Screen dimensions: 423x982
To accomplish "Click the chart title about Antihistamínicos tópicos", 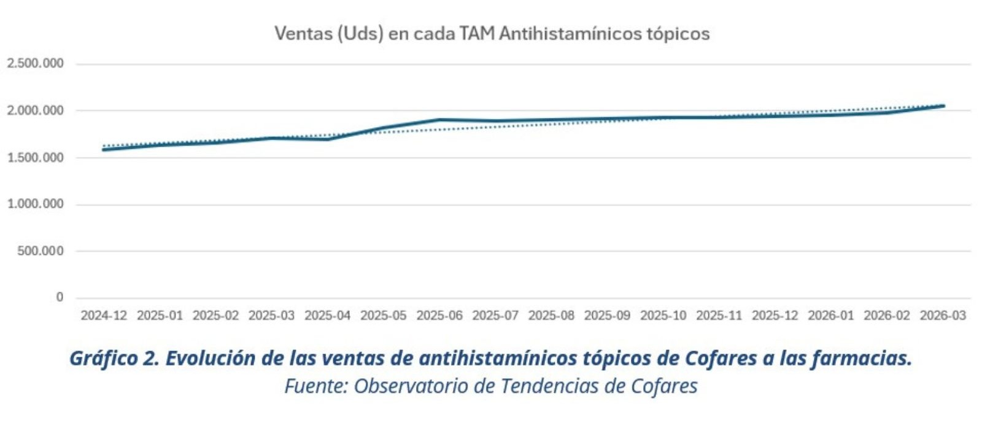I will [492, 33].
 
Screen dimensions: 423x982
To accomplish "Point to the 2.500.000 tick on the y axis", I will [35, 64].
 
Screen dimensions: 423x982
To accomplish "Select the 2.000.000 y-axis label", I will [35, 111].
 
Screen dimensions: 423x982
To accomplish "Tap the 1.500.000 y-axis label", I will [35, 158].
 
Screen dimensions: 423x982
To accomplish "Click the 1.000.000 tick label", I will [35, 204].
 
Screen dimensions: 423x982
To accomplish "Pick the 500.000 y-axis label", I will [41, 251].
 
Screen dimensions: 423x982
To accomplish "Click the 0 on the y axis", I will [60, 297].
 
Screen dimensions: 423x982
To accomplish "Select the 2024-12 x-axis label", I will [104, 316].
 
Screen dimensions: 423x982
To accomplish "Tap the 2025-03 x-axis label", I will [271, 316].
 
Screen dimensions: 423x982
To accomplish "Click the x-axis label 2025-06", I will [439, 316].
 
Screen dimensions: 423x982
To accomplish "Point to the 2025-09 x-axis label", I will [607, 316].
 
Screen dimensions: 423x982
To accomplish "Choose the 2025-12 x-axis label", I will [775, 316].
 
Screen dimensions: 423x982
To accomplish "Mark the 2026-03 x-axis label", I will [943, 316].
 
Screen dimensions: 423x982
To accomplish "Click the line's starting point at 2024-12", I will [104, 150].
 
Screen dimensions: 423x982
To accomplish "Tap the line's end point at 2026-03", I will [943, 106].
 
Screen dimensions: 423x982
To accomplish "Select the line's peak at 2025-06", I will [439, 120].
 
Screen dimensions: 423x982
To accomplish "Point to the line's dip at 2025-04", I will [328, 139].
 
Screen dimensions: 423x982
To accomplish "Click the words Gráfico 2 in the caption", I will [113, 358].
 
